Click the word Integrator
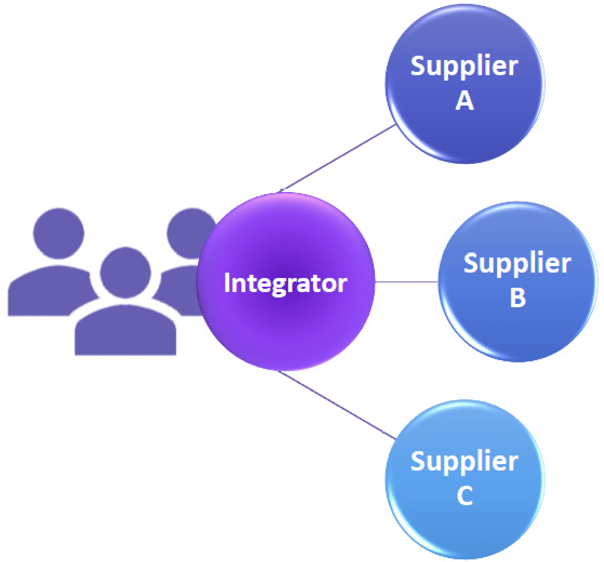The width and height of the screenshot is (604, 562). click(285, 283)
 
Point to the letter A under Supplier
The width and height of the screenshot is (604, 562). click(464, 101)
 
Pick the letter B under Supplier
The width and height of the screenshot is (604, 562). click(517, 298)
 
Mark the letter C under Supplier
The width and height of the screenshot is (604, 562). click(464, 496)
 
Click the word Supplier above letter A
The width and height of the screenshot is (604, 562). click(464, 67)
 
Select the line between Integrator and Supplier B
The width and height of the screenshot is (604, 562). click(406, 282)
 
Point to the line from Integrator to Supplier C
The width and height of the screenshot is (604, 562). click(336, 405)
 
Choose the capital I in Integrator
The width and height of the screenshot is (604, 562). click(227, 283)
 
